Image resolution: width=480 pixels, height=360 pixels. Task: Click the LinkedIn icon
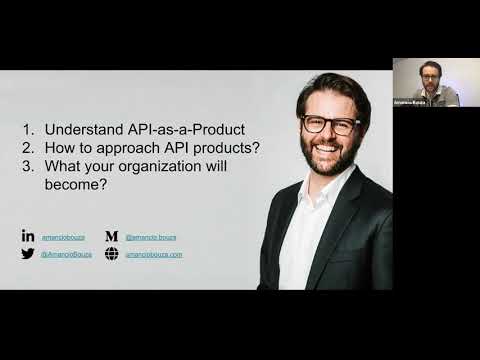[x=28, y=236]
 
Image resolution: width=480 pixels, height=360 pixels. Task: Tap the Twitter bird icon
[x=28, y=254]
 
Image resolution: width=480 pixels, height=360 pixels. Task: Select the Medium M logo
[x=112, y=236]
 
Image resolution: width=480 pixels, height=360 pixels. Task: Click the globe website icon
[x=112, y=254]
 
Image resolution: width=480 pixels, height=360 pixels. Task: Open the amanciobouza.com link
[x=153, y=255]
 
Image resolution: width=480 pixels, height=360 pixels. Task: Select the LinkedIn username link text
[x=60, y=237]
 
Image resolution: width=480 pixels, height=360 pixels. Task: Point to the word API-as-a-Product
[x=186, y=129]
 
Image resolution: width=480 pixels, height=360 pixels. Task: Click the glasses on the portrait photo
[x=330, y=126]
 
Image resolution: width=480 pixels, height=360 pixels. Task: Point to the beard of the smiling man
[x=330, y=160]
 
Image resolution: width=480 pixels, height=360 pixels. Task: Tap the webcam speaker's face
[x=431, y=74]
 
